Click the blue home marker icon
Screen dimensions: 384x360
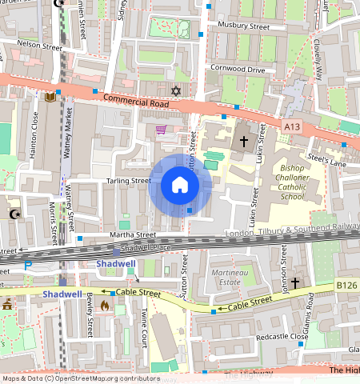tap(180, 186)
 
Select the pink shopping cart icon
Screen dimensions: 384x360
tap(161, 130)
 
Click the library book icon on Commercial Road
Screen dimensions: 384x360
tap(50, 97)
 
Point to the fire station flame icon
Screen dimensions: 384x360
tap(104, 306)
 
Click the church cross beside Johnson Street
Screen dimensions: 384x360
tap(294, 282)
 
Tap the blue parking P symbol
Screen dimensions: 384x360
tap(28, 265)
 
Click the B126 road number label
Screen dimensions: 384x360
tap(346, 284)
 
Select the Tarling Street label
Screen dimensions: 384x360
tap(128, 181)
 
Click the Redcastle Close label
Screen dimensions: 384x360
tap(282, 337)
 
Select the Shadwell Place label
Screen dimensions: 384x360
tap(148, 247)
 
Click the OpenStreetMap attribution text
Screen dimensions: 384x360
tap(80, 378)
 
